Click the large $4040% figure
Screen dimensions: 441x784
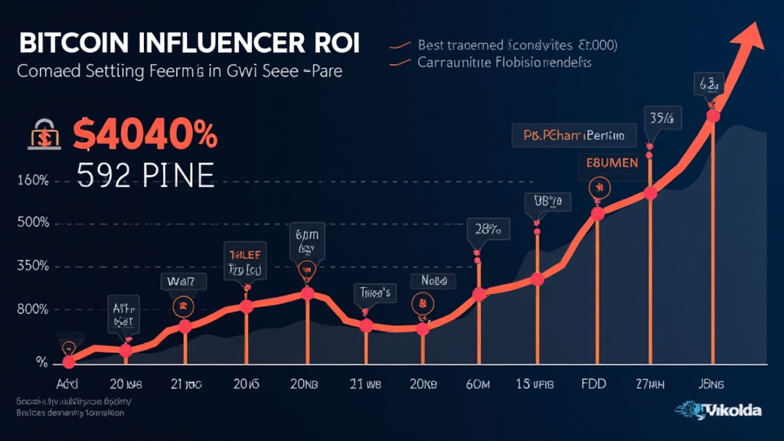pyautogui.click(x=145, y=136)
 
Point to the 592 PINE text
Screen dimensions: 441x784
pyautogui.click(x=145, y=175)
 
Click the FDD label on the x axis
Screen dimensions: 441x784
pyautogui.click(x=591, y=383)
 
